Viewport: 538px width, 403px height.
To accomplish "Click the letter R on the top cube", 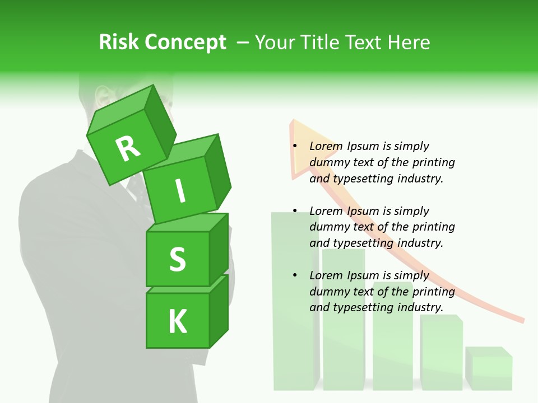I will point(128,148).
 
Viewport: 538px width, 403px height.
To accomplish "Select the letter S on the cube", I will point(177,259).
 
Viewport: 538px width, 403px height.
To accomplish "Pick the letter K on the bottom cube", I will point(177,321).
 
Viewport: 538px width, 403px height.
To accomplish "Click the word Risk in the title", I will point(119,42).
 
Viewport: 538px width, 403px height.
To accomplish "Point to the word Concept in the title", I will point(185,43).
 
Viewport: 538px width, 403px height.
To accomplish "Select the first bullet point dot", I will point(295,147).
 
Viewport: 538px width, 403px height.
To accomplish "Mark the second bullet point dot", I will point(295,212).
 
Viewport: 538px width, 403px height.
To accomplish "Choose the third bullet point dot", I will point(295,276).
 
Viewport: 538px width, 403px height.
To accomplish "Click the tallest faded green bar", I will point(294,302).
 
